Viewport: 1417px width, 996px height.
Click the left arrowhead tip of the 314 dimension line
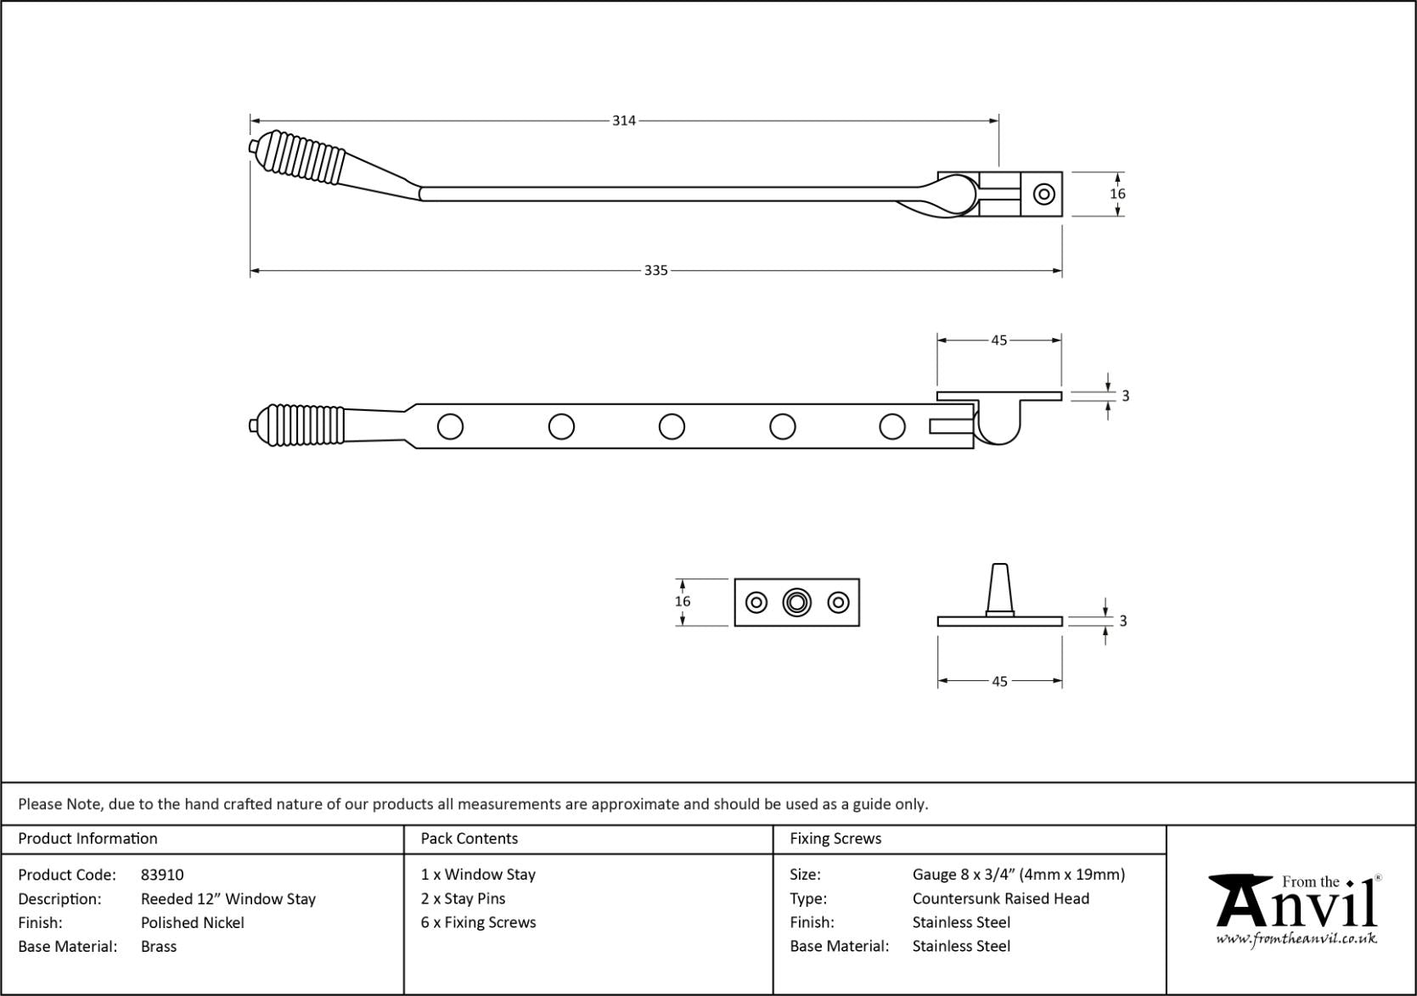coord(250,121)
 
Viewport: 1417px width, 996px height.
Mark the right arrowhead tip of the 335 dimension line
coord(1061,271)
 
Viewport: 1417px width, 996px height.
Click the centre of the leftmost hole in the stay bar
coord(451,426)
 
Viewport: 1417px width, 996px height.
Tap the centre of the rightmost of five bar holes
coord(892,426)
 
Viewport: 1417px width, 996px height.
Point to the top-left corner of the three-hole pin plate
coord(735,579)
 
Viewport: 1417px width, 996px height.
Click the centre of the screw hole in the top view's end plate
coord(1043,194)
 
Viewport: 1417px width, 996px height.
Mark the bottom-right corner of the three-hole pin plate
coord(859,626)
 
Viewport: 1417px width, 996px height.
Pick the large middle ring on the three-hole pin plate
coord(796,602)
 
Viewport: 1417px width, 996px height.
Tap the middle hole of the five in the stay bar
coord(672,426)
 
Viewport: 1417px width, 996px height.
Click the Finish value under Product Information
coord(193,923)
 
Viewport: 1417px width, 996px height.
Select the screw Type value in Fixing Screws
coord(1001,898)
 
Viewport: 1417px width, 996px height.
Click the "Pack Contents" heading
coord(469,838)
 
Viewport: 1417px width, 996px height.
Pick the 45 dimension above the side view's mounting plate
coord(998,340)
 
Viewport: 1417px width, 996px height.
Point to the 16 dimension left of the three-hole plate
coord(683,601)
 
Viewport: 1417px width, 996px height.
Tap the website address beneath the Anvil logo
coord(1296,938)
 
